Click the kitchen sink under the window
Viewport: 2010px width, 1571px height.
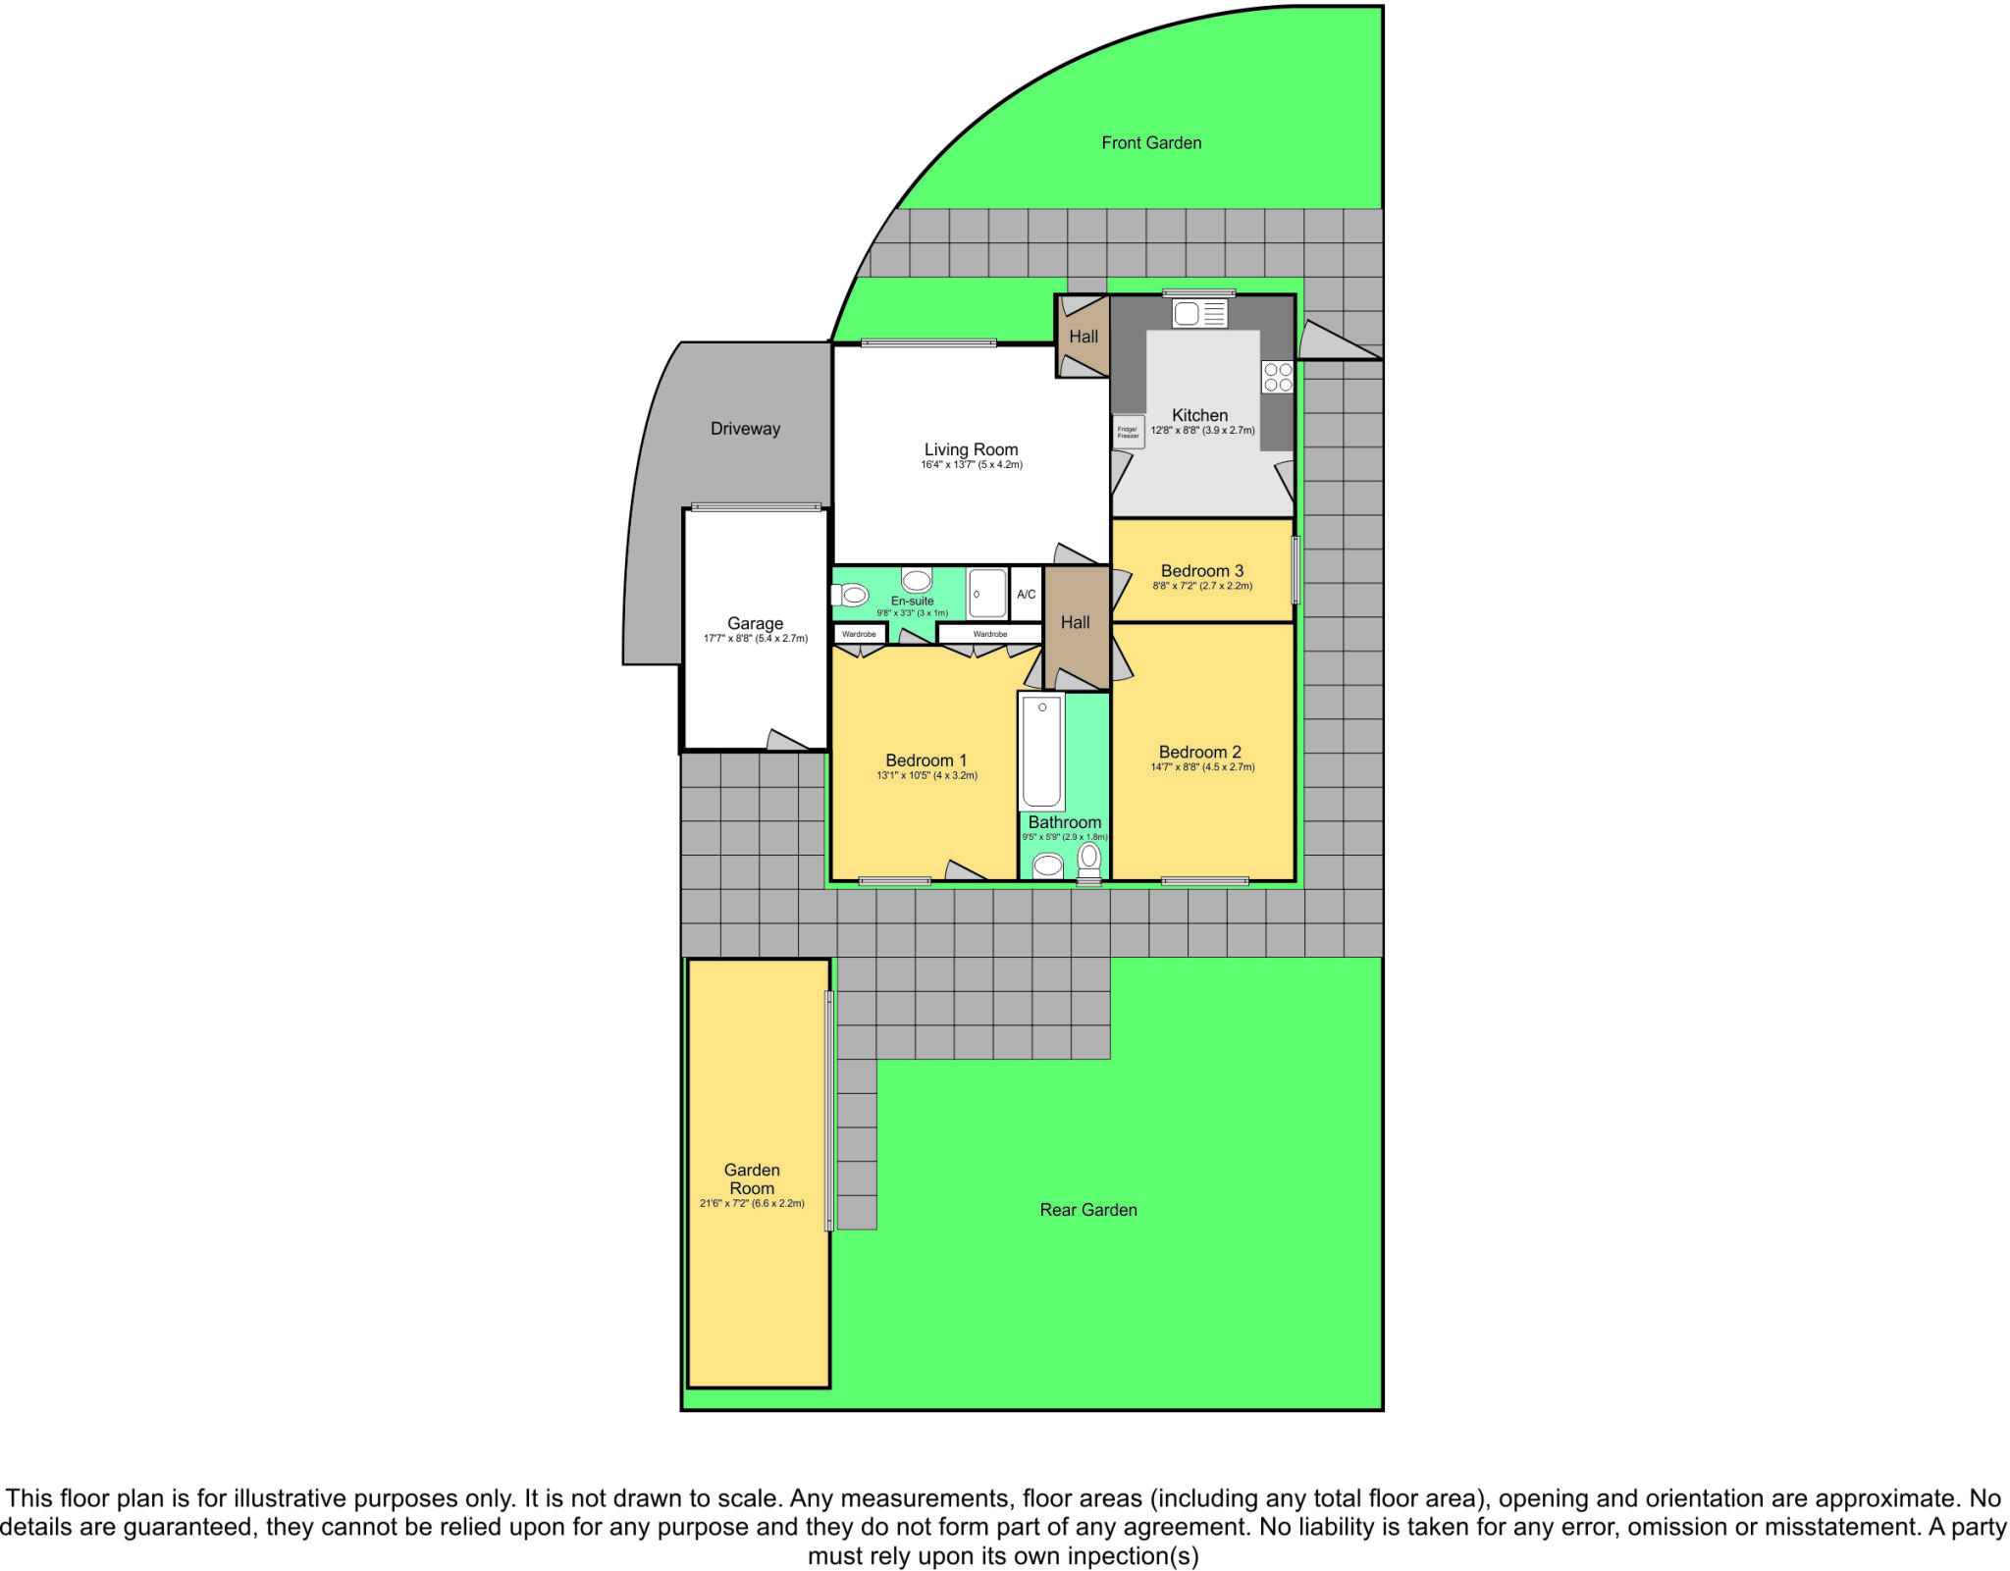point(1199,314)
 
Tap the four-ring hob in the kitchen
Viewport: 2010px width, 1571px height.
point(1278,378)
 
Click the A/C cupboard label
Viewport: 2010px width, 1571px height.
point(1026,595)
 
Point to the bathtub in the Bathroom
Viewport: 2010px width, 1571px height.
point(1041,752)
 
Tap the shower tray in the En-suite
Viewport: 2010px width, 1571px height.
point(987,594)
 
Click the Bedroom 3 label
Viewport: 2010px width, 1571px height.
point(1201,571)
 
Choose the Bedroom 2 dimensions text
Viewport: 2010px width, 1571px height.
point(1202,767)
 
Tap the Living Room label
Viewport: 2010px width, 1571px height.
point(971,450)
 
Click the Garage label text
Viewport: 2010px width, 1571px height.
point(755,623)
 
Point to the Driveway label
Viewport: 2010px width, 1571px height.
point(745,429)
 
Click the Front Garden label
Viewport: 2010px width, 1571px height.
point(1151,143)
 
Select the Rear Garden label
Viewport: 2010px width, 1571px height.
point(1088,1210)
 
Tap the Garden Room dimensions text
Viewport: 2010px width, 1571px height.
point(752,1203)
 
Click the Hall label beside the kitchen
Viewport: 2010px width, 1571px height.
point(1084,337)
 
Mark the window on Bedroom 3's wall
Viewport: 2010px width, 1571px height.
point(1296,569)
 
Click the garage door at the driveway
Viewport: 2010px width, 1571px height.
point(756,507)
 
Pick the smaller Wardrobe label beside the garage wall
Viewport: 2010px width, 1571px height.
point(859,634)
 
